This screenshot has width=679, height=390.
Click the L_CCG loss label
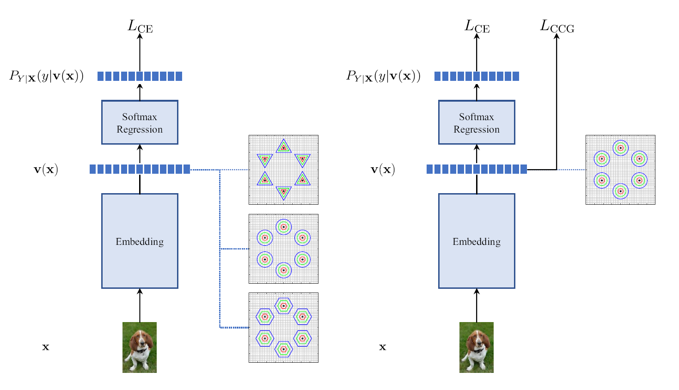[x=557, y=26]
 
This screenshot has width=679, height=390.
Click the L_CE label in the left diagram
[x=140, y=26]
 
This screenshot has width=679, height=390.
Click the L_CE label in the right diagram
[x=477, y=26]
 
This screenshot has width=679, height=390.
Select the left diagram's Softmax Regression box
[x=140, y=122]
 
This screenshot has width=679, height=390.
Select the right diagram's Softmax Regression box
[x=477, y=122]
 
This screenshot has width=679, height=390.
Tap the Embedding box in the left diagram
[x=140, y=241]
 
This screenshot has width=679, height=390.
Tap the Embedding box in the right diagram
[x=477, y=241]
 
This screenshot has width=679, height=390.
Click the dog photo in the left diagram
[x=140, y=347]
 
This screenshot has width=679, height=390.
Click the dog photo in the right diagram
[x=477, y=347]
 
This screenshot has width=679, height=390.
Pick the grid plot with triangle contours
[x=283, y=170]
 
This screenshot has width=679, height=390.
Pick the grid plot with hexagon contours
[x=283, y=327]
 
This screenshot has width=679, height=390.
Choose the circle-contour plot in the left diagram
[x=283, y=249]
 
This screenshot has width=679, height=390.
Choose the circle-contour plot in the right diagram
[x=620, y=170]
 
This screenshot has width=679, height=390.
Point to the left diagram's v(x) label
[x=46, y=170]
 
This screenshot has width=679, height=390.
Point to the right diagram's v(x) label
[x=383, y=170]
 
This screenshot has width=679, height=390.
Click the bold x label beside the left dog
[x=45, y=347]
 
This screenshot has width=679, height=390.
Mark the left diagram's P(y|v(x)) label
[x=46, y=76]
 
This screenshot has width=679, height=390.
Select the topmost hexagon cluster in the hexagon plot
[x=283, y=306]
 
